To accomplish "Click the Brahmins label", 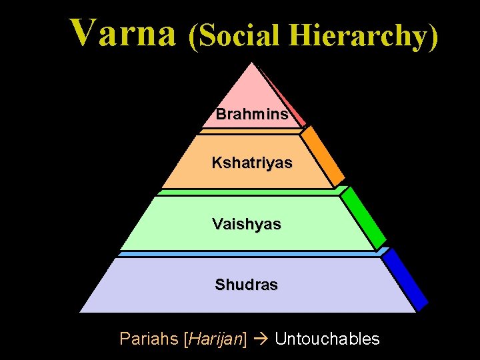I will point(252,114).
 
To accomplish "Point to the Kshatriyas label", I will point(252,163).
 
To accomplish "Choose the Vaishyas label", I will point(247,225).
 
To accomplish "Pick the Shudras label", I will point(246,285).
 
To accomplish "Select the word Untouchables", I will point(327,339).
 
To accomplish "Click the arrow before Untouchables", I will point(261,339).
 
